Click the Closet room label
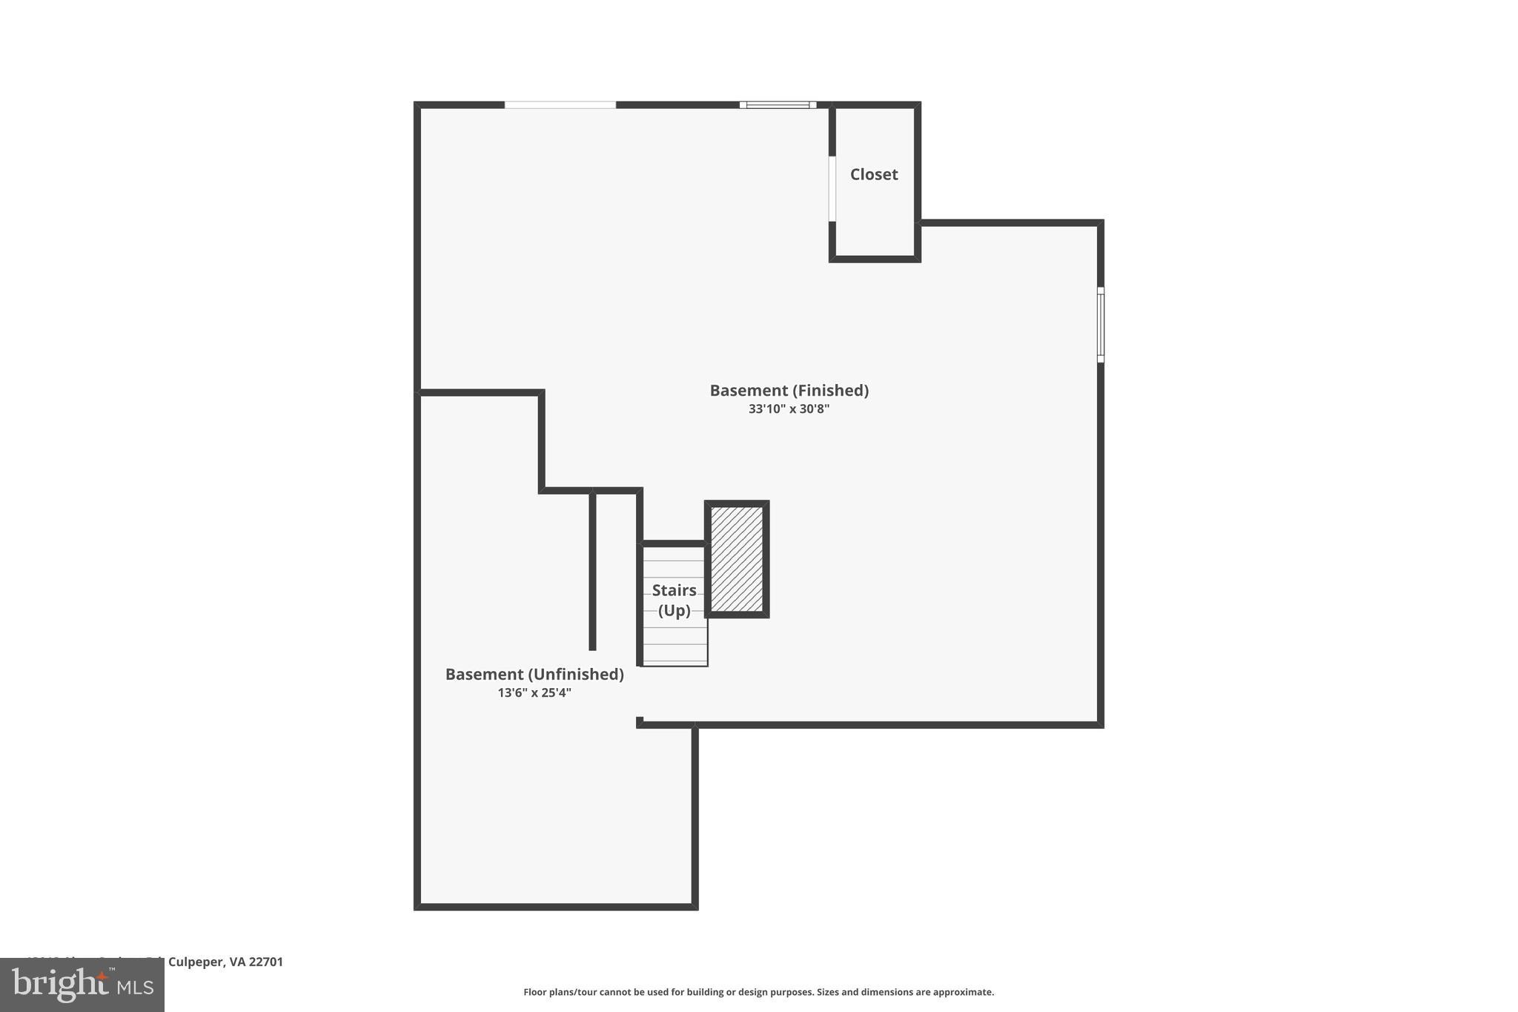874,174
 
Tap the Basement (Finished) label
789,390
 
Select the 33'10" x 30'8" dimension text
789,409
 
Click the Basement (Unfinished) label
534,674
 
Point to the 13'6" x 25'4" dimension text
534,692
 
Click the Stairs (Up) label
675,600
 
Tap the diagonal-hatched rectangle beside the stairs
737,559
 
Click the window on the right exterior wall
1101,325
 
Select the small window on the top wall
778,105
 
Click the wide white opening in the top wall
560,105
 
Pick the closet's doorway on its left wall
832,188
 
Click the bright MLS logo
82,985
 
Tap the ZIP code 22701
266,962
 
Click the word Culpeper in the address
195,962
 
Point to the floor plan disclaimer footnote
758,992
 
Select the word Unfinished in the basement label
575,674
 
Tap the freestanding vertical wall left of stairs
592,570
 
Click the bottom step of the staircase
675,657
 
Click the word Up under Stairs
675,610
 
